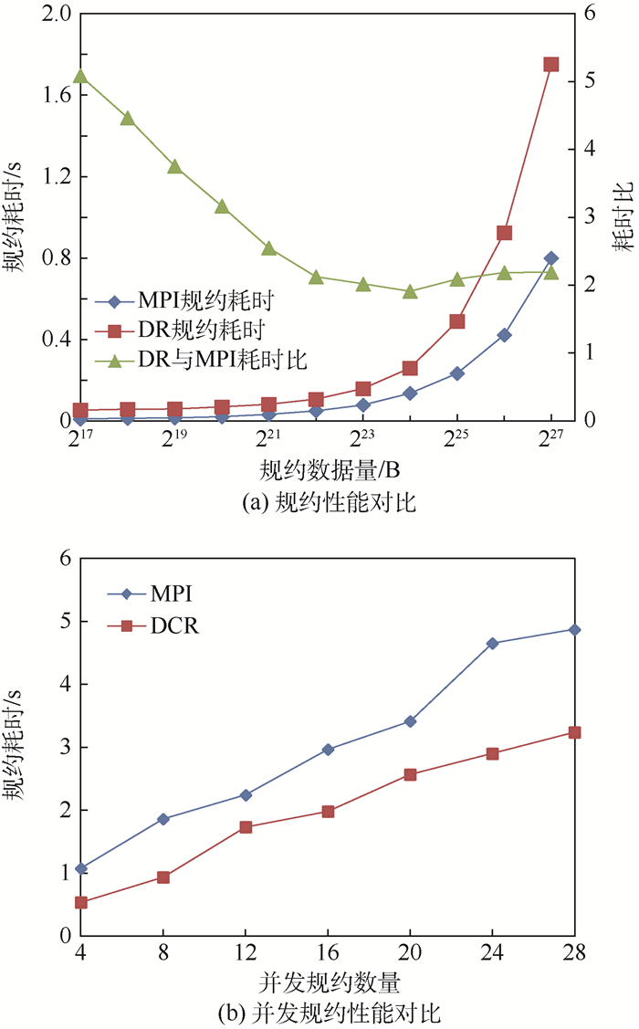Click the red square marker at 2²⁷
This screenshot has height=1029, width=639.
pyautogui.click(x=551, y=65)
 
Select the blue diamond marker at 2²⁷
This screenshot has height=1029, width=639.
pyautogui.click(x=551, y=258)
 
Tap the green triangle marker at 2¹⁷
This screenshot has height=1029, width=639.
pyautogui.click(x=80, y=77)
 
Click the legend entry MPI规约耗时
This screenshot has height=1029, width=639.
pyautogui.click(x=205, y=300)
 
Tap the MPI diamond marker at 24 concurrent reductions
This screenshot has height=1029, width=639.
pyautogui.click(x=492, y=644)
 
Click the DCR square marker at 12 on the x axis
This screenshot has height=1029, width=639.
pyautogui.click(x=246, y=827)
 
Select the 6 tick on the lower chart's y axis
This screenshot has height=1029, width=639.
pyautogui.click(x=62, y=559)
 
